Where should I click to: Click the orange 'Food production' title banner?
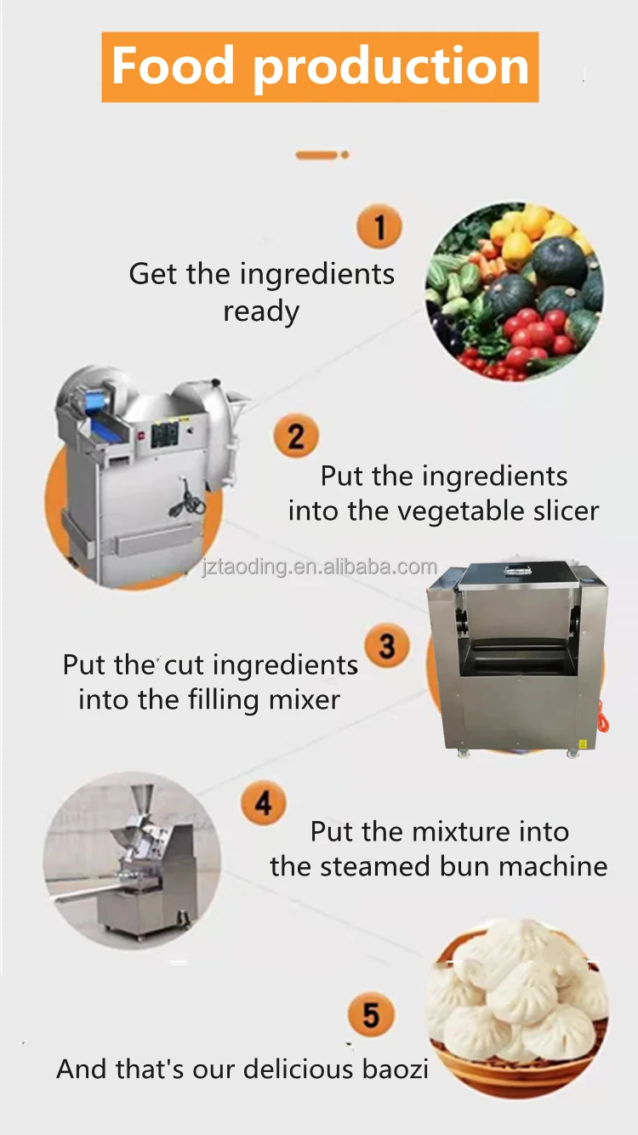tap(320, 67)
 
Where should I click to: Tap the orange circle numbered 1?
tap(379, 226)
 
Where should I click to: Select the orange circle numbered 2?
tap(296, 436)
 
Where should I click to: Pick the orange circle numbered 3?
tap(387, 646)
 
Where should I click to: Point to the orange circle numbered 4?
tap(264, 802)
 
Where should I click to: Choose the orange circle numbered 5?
tap(371, 1014)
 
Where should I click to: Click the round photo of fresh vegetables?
tap(515, 291)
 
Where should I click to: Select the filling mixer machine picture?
tap(518, 659)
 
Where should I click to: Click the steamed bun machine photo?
tap(132, 861)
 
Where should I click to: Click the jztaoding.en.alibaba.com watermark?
tap(319, 567)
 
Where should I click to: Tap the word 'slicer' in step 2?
tap(567, 510)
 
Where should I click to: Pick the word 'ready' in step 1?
tap(261, 312)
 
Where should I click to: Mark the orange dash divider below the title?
tap(322, 155)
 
